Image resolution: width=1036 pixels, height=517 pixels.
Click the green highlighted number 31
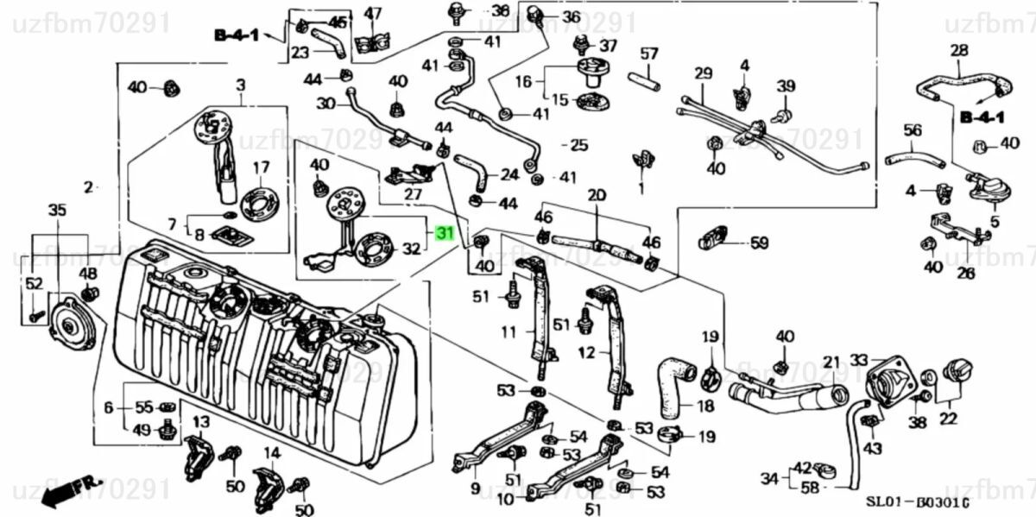[x=445, y=234]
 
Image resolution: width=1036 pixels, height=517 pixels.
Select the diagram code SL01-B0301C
[x=917, y=501]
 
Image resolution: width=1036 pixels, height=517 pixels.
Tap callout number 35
[x=57, y=210]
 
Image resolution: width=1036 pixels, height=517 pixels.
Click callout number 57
[x=648, y=54]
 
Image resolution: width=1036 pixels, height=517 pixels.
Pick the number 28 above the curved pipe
[x=959, y=51]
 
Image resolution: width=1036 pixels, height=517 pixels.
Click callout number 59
[x=759, y=243]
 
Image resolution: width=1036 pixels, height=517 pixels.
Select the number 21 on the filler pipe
[x=831, y=362]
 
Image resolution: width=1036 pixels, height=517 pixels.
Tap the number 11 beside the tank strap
[x=509, y=331]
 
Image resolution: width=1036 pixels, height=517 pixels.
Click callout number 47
[x=373, y=14]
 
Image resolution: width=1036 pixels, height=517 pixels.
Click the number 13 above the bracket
[x=200, y=421]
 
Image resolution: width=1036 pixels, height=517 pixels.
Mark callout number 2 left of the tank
[x=88, y=186]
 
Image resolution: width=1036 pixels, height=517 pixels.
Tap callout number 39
[x=785, y=86]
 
